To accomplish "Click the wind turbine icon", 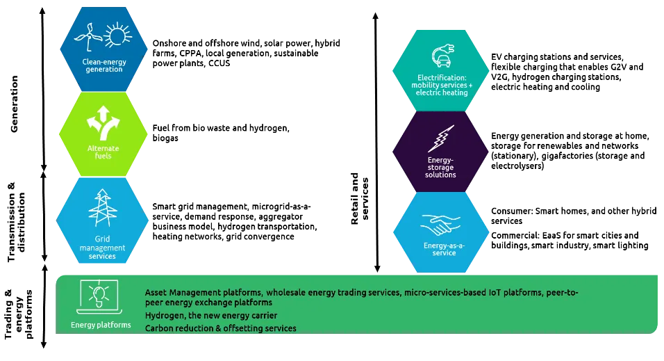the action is pos(88,37).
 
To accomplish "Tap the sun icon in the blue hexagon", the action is pos(117,35).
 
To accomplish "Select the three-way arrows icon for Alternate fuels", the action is pos(103,123).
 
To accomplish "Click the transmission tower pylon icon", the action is pos(103,208).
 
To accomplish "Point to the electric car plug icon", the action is pos(442,56).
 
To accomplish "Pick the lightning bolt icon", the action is pos(441,138).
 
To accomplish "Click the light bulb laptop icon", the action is pos(99,297).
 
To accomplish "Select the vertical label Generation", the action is pos(14,104).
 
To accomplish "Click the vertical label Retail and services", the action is pos(360,198).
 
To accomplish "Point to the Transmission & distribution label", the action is pos(16,222).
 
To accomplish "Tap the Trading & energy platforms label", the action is pos(18,314).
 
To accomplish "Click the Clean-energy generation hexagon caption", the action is pos(104,65).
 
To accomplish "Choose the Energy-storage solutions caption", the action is pos(440,167).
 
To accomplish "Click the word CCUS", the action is pos(219,63).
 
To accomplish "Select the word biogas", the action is pos(165,138).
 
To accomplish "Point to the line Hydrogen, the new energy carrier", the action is pos(211,316).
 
